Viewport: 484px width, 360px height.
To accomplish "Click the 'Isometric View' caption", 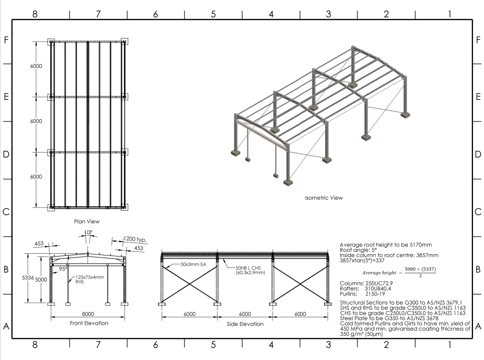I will (324, 198).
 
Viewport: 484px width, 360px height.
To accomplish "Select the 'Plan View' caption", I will (87, 221).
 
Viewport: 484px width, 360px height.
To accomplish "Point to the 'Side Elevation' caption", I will (245, 324).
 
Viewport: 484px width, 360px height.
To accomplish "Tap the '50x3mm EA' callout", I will (182, 265).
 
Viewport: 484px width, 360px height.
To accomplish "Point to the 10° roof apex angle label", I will (89, 233).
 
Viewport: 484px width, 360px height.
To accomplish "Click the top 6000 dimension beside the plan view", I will (35, 66).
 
